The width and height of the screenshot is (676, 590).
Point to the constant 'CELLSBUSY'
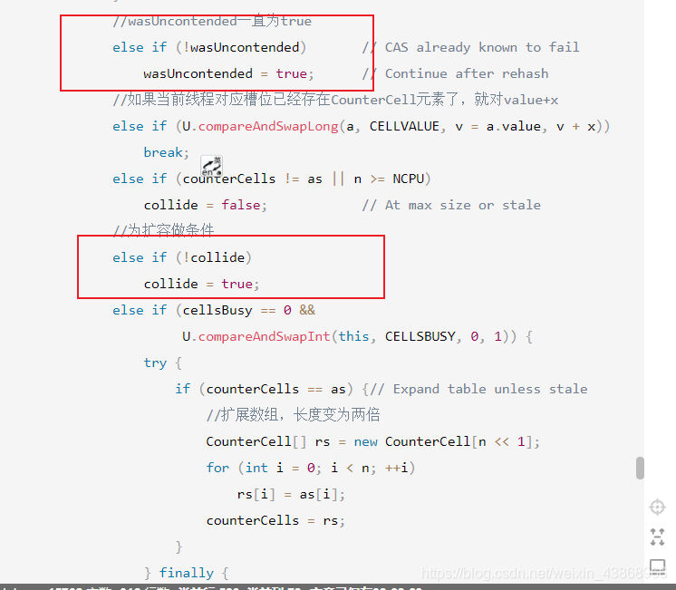coord(420,336)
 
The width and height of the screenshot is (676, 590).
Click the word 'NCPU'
coord(411,179)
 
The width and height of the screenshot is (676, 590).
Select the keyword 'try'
coord(155,363)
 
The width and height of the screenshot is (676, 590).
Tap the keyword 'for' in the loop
coord(217,468)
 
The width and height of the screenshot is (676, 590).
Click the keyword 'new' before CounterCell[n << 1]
coord(365,441)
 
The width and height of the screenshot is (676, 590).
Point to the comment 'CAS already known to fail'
coord(482,47)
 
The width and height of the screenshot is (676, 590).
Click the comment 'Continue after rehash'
coord(467,73)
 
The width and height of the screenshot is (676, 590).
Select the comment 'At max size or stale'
coord(462,205)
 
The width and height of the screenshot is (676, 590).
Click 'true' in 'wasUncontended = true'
coord(291,73)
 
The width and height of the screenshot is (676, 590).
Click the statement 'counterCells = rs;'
coord(275,520)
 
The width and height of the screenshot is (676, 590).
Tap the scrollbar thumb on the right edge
coord(640,468)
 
